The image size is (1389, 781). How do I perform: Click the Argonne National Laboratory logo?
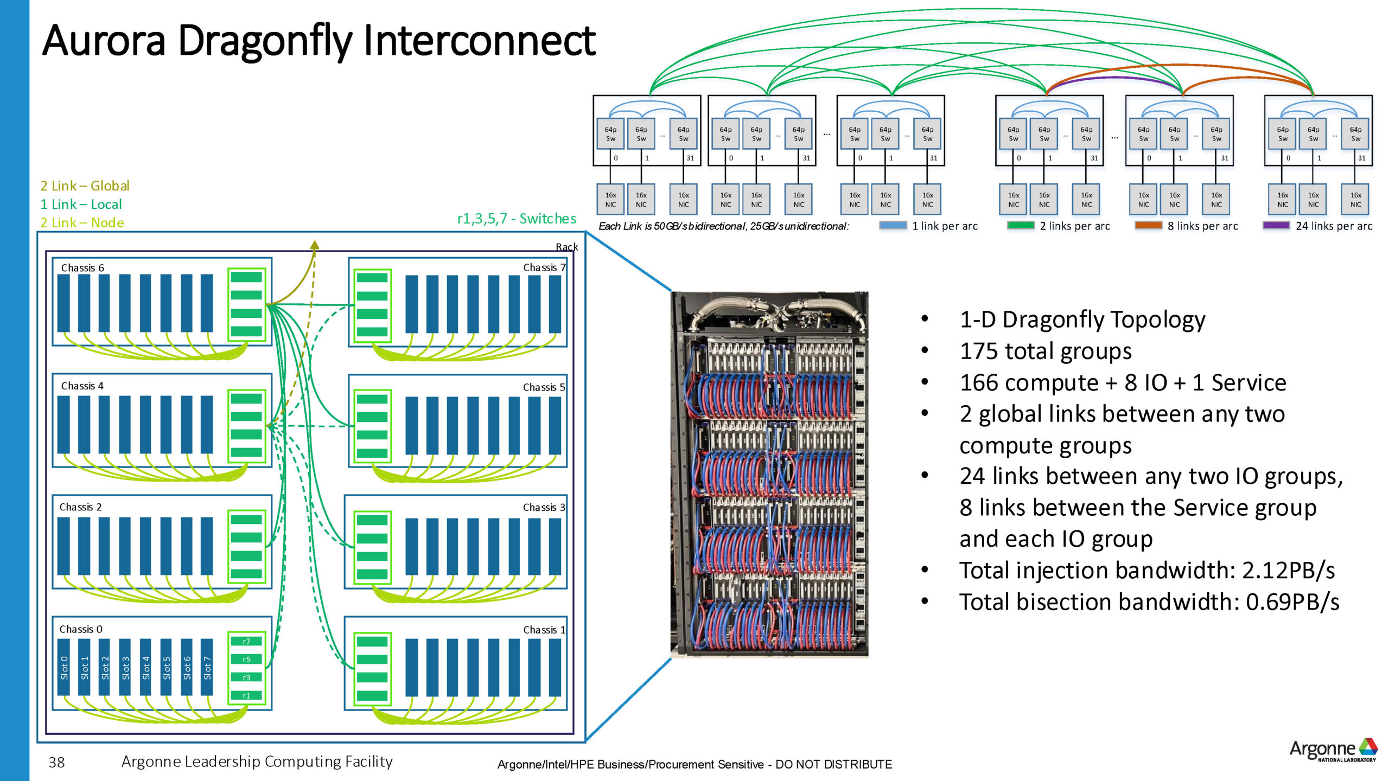point(1333,750)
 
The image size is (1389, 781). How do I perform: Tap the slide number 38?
point(56,763)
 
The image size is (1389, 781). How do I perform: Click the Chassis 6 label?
point(82,268)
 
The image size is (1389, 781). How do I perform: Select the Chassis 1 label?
point(544,630)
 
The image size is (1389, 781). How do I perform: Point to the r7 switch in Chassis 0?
point(246,641)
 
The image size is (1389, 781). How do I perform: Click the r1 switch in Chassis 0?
point(246,695)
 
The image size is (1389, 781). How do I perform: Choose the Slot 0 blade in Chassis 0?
point(64,668)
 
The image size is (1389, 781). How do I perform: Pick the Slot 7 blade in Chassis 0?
point(207,668)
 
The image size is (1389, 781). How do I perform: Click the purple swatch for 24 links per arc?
point(1276,226)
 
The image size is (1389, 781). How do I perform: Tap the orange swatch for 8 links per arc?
point(1148,226)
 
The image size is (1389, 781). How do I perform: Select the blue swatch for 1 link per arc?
point(893,226)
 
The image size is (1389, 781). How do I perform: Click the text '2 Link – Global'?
point(85,186)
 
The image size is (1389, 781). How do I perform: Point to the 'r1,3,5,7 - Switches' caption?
point(517,219)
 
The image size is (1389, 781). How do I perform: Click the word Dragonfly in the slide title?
point(265,41)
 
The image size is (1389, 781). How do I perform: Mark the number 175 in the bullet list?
point(978,351)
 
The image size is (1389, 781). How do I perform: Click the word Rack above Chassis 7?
point(566,247)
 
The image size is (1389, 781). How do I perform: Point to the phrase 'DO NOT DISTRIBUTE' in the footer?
point(833,764)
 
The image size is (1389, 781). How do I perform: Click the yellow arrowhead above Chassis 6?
point(315,245)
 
